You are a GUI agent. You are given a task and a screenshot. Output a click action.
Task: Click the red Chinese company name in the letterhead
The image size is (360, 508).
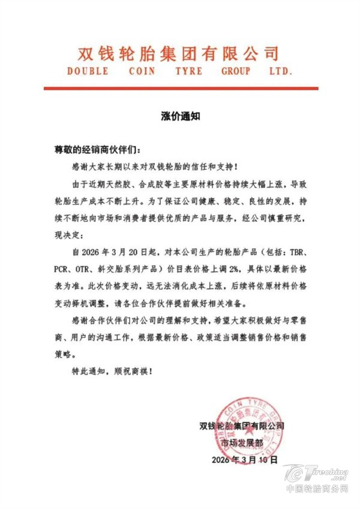(x=179, y=53)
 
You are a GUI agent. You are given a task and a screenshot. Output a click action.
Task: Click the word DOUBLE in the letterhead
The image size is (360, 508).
(x=89, y=71)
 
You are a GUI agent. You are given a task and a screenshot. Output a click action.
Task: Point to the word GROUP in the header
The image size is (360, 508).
(x=239, y=71)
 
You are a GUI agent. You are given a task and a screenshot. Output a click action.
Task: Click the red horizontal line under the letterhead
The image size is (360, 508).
(x=179, y=88)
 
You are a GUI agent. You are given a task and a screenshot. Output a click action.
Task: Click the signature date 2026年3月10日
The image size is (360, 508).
(x=241, y=460)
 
